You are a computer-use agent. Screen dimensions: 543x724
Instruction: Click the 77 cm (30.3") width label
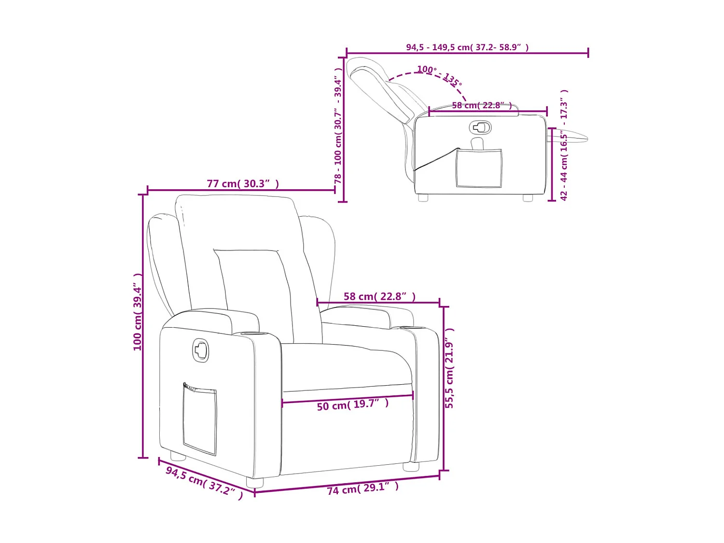(243, 184)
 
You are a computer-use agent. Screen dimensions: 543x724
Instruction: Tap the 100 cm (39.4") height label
(138, 312)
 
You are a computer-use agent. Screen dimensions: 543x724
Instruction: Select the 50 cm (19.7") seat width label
(352, 404)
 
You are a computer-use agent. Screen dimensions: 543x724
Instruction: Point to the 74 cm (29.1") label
(363, 488)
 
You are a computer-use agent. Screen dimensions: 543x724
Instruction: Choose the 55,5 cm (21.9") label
(449, 368)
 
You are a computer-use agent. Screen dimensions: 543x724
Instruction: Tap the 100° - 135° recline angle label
(439, 75)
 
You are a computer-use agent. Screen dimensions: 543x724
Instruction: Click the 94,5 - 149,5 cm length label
(467, 47)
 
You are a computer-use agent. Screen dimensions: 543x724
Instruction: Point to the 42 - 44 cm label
(564, 145)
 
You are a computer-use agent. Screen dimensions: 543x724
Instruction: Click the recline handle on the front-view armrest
(201, 350)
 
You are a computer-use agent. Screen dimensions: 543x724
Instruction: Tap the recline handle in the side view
(480, 127)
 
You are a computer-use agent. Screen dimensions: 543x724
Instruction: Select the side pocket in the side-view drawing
(479, 168)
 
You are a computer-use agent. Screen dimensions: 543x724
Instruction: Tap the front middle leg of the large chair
(255, 482)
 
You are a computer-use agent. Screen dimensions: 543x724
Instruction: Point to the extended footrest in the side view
(570, 138)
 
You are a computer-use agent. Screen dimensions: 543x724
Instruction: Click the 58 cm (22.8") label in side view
(482, 105)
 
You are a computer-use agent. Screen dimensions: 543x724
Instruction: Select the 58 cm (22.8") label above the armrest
(379, 296)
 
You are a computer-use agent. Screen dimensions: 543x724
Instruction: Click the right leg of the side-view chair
(528, 197)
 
